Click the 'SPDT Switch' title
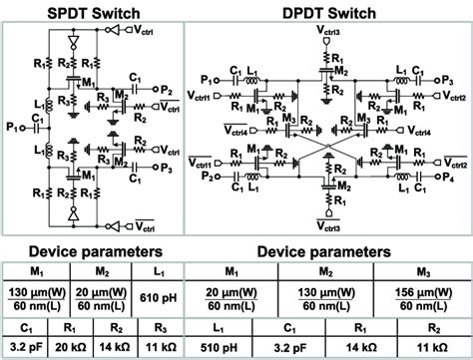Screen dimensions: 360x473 [x=86, y=12]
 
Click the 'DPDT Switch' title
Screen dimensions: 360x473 [x=321, y=12]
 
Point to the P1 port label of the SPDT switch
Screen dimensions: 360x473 [x=12, y=127]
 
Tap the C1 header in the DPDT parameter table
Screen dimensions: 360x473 [x=289, y=326]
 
